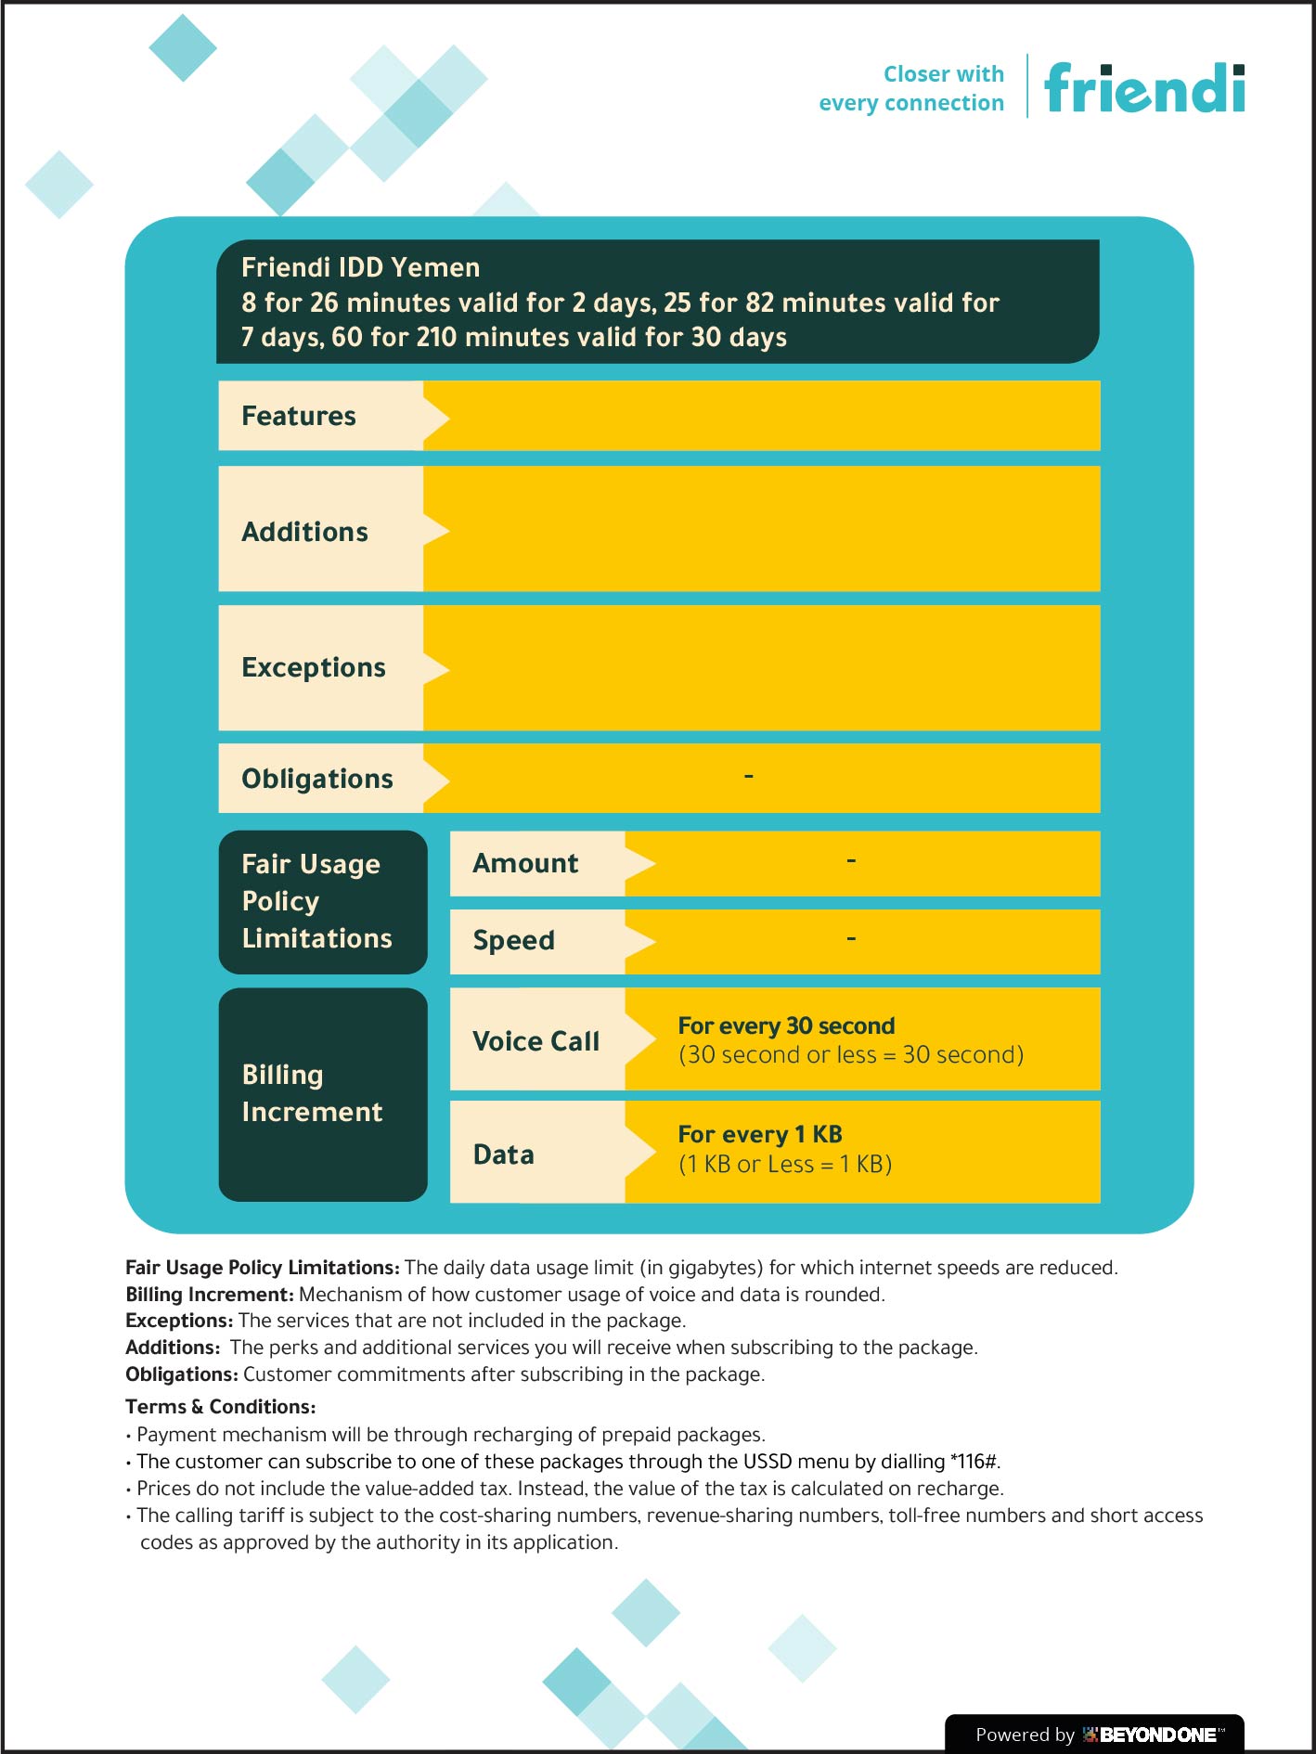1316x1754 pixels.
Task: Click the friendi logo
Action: point(1144,89)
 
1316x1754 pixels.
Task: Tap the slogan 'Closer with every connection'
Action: point(910,88)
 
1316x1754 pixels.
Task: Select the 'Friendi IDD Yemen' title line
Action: point(361,267)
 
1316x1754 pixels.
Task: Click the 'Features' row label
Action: point(299,416)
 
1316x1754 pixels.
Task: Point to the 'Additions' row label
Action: point(304,532)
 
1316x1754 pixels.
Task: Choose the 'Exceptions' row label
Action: point(314,667)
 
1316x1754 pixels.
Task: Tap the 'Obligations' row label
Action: point(317,779)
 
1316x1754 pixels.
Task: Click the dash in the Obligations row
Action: point(749,776)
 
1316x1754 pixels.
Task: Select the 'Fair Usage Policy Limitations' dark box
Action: point(322,901)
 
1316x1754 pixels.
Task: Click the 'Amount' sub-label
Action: point(525,863)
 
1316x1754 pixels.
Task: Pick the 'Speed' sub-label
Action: point(513,940)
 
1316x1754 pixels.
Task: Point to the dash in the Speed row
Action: point(851,939)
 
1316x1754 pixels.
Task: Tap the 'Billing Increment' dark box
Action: point(322,1093)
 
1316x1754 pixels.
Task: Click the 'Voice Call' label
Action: point(535,1041)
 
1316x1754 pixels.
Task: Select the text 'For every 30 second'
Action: point(786,1025)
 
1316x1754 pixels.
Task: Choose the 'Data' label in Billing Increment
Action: point(504,1154)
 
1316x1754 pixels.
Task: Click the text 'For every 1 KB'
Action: point(760,1134)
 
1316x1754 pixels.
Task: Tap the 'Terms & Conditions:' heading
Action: point(221,1407)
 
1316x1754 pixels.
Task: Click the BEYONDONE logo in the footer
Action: point(1154,1735)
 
